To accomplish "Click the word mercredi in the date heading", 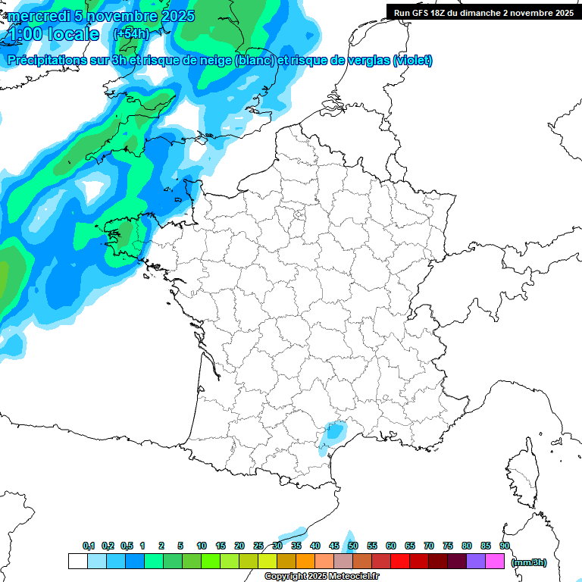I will click(x=37, y=16).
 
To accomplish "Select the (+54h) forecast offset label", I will click(x=131, y=34).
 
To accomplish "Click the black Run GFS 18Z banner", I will click(x=483, y=12).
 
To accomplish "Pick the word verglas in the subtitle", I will click(x=362, y=61).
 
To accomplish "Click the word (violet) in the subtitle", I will click(x=412, y=61).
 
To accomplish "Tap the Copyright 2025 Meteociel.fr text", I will click(x=321, y=577).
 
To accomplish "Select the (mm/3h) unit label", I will click(x=529, y=562).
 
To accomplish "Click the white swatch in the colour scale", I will click(x=77, y=562).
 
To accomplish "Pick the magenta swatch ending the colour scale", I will click(x=495, y=562).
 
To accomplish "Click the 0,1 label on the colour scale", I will click(x=89, y=546).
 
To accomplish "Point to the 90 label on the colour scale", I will click(x=504, y=546).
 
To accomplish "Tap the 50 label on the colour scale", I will click(x=353, y=546).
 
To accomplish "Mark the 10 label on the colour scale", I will click(x=202, y=546).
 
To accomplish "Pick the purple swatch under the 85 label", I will click(x=476, y=562).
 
